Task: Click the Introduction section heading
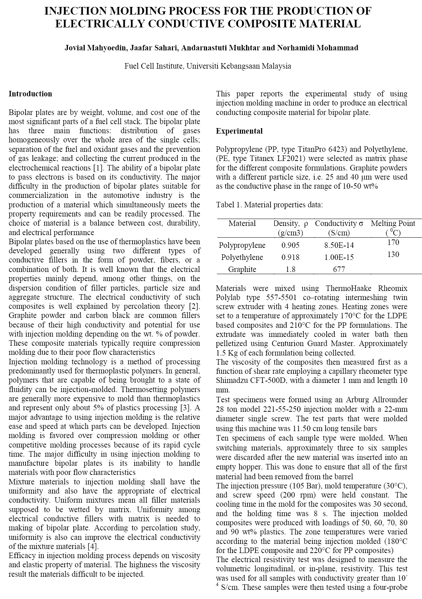[30, 94]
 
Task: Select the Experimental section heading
[239, 131]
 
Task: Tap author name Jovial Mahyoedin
[94, 48]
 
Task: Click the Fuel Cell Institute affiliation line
[208, 66]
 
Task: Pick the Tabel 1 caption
[269, 205]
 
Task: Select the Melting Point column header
[393, 223]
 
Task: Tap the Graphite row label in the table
[242, 269]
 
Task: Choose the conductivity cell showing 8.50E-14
[339, 245]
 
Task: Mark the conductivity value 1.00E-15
[339, 257]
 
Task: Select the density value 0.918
[291, 257]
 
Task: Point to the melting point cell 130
[393, 254]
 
